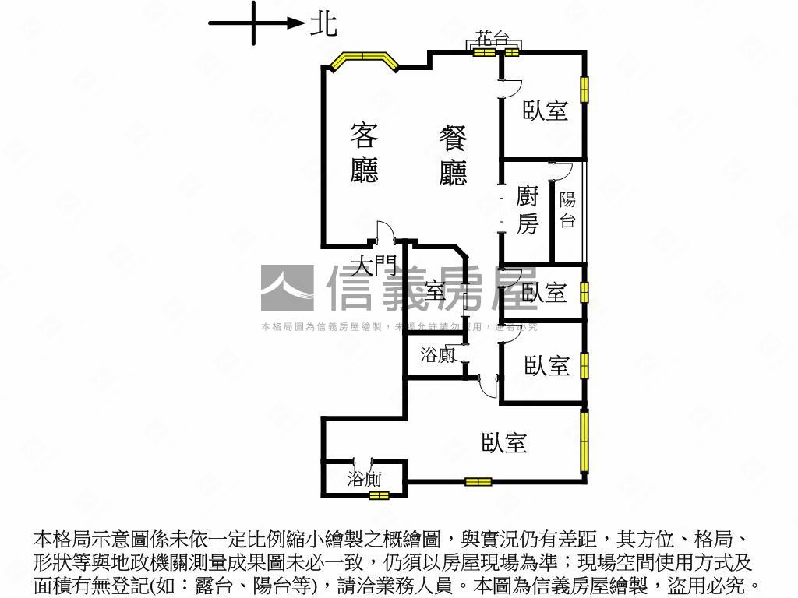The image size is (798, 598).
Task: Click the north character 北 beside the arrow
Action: point(323,23)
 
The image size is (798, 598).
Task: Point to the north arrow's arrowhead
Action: point(295,23)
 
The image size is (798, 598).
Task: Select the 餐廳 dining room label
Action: point(453,157)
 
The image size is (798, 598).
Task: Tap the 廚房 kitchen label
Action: point(528,210)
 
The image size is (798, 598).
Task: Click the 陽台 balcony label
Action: point(567,210)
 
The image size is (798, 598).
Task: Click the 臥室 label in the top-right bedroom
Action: point(545,111)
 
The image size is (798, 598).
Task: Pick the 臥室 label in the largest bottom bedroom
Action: point(504,443)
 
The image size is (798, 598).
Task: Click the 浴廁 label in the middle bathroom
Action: point(437,356)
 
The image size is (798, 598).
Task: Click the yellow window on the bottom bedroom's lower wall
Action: point(478,482)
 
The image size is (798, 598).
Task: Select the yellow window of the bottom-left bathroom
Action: point(379,494)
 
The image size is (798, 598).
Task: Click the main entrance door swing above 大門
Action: point(383,233)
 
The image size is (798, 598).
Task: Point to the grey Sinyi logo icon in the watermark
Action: point(287,289)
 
